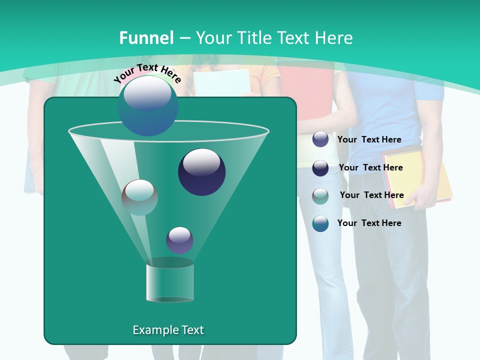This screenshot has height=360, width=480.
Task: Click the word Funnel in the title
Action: pyautogui.click(x=146, y=38)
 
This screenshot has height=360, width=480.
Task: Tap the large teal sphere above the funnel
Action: pyautogui.click(x=148, y=106)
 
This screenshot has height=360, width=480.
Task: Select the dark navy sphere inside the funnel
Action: pyautogui.click(x=201, y=171)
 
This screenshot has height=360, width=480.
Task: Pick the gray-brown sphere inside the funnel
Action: pyautogui.click(x=139, y=197)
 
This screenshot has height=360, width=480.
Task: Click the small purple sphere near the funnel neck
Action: pyautogui.click(x=179, y=240)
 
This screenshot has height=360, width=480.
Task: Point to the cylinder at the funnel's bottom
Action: pyautogui.click(x=170, y=283)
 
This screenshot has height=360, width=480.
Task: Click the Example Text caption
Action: pyautogui.click(x=168, y=330)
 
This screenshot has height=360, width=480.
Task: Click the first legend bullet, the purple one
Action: pyautogui.click(x=320, y=139)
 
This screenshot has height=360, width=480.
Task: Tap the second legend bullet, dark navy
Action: pyautogui.click(x=320, y=168)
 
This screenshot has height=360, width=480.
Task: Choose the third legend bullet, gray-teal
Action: pyautogui.click(x=320, y=196)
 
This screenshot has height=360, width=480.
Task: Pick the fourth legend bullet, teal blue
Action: pyautogui.click(x=320, y=223)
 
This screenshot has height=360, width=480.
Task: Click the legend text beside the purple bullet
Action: pyautogui.click(x=369, y=139)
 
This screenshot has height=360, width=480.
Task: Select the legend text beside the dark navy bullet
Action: pyautogui.click(x=370, y=167)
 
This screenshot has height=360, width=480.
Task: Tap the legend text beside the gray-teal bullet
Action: pyautogui.click(x=371, y=195)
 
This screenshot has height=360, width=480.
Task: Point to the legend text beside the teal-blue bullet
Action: pyautogui.click(x=369, y=223)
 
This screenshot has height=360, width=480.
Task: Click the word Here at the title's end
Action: pyautogui.click(x=334, y=38)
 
